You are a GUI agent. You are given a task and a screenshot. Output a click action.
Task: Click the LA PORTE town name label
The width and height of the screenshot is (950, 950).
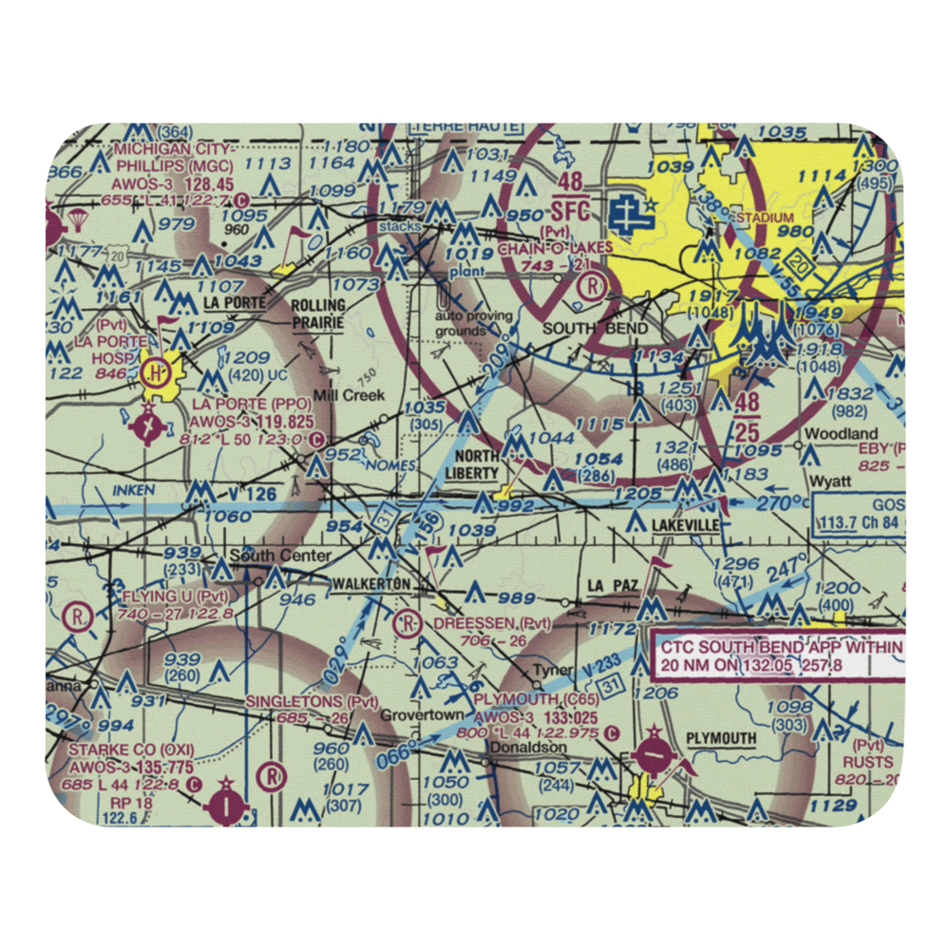[x=231, y=303]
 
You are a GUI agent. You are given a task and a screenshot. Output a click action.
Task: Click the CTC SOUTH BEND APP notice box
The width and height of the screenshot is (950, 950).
[x=779, y=655]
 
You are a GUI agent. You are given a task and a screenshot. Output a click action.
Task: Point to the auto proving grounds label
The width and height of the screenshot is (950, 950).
[x=474, y=323]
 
